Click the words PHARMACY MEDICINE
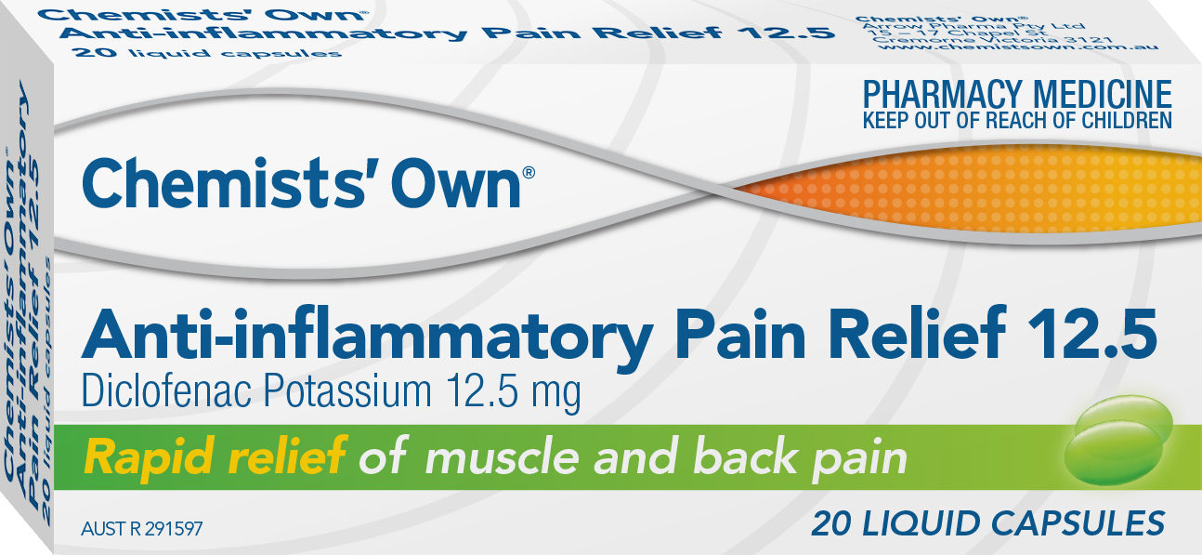coord(1017,95)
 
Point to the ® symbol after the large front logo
coord(529,172)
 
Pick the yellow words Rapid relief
coord(215,456)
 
